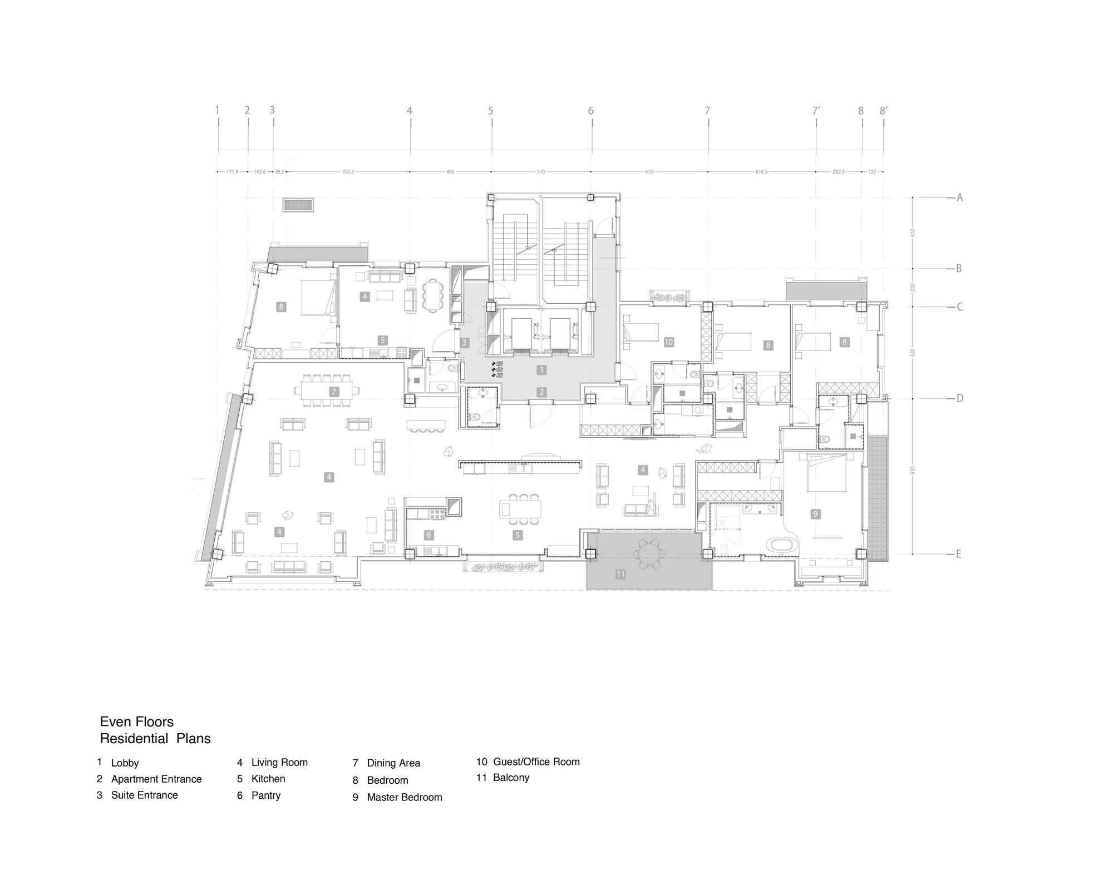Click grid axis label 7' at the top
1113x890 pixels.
[x=816, y=111]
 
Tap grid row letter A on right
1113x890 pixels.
[x=959, y=197]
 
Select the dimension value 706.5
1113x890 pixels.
[x=348, y=172]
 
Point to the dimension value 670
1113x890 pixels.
[x=649, y=172]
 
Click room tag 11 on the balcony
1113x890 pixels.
[x=620, y=575]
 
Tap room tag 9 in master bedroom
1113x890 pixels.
[x=816, y=514]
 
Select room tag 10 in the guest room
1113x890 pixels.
[x=669, y=342]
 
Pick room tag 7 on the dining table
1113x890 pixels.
[x=334, y=392]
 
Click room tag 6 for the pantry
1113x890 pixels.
[x=429, y=535]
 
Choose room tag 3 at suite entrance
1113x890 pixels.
[x=465, y=343]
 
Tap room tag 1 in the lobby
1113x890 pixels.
[x=542, y=369]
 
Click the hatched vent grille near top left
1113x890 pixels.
[x=298, y=205]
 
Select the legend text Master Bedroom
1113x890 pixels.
[x=405, y=797]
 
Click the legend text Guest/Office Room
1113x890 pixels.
[x=536, y=762]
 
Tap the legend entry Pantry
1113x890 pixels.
[x=266, y=795]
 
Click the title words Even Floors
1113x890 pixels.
[x=137, y=722]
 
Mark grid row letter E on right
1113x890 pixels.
[x=958, y=554]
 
